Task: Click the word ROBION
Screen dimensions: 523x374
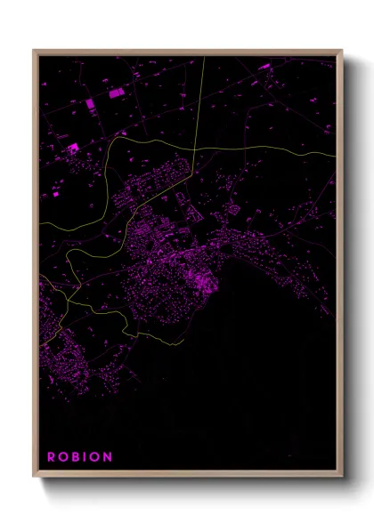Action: point(80,457)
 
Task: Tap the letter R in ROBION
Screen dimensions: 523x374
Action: point(52,457)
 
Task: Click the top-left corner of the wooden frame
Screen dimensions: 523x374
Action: point(34,51)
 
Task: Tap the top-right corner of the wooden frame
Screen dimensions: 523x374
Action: point(342,51)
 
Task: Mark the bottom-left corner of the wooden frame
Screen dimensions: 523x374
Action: point(34,478)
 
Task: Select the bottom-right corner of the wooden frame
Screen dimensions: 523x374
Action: point(342,478)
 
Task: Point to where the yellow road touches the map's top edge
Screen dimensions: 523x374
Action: point(204,57)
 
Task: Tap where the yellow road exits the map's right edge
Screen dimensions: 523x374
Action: point(336,154)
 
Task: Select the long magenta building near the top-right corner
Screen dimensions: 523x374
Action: point(265,66)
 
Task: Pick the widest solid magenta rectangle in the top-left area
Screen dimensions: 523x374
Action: point(115,92)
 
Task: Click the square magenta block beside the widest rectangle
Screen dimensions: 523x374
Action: point(91,104)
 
